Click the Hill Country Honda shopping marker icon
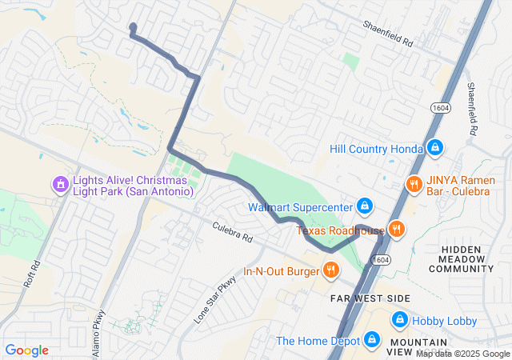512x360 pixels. [434, 148]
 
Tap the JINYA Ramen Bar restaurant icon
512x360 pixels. [413, 183]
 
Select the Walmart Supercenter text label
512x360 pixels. [300, 207]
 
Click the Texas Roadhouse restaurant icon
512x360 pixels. [396, 230]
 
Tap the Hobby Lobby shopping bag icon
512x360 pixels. [399, 320]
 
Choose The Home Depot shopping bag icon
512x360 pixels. [370, 340]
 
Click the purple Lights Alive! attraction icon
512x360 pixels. [59, 185]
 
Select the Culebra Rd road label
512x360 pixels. [233, 233]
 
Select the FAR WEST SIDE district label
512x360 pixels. [370, 298]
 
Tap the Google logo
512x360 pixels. [26, 350]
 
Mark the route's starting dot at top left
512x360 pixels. [133, 27]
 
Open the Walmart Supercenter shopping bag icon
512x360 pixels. [364, 206]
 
